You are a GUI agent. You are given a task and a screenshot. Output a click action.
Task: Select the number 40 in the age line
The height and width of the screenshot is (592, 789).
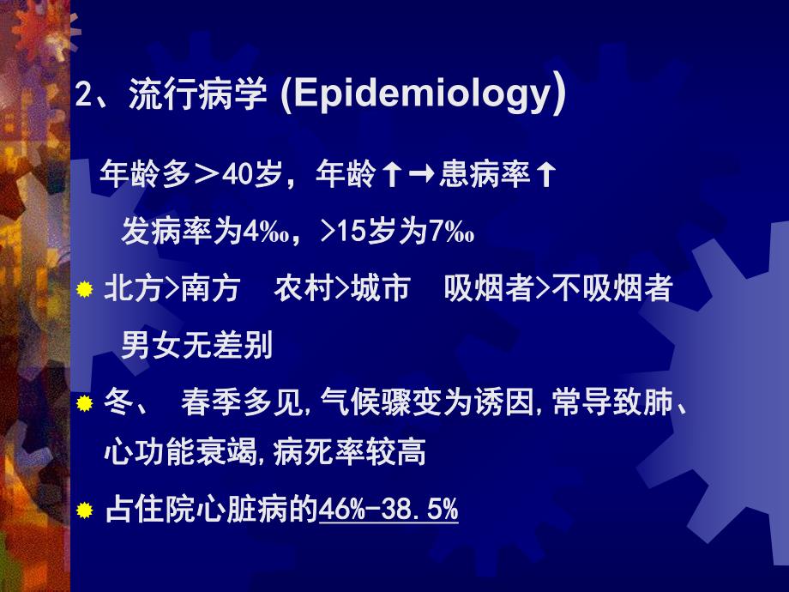[235, 176]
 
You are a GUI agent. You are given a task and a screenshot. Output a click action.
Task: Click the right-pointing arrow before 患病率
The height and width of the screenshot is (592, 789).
[419, 176]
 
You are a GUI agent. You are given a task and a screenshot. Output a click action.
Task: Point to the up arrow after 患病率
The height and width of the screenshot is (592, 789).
[544, 176]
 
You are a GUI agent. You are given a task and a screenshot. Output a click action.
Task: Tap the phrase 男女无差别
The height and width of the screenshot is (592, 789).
[197, 345]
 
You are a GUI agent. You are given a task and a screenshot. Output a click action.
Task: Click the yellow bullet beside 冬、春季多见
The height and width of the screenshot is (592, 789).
[84, 402]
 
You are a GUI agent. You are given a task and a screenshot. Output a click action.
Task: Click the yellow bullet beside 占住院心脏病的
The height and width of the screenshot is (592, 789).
[84, 511]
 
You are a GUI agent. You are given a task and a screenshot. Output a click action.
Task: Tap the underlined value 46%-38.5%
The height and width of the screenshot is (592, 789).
[388, 510]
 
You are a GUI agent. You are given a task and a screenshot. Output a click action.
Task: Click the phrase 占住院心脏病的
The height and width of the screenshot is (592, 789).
[210, 510]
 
